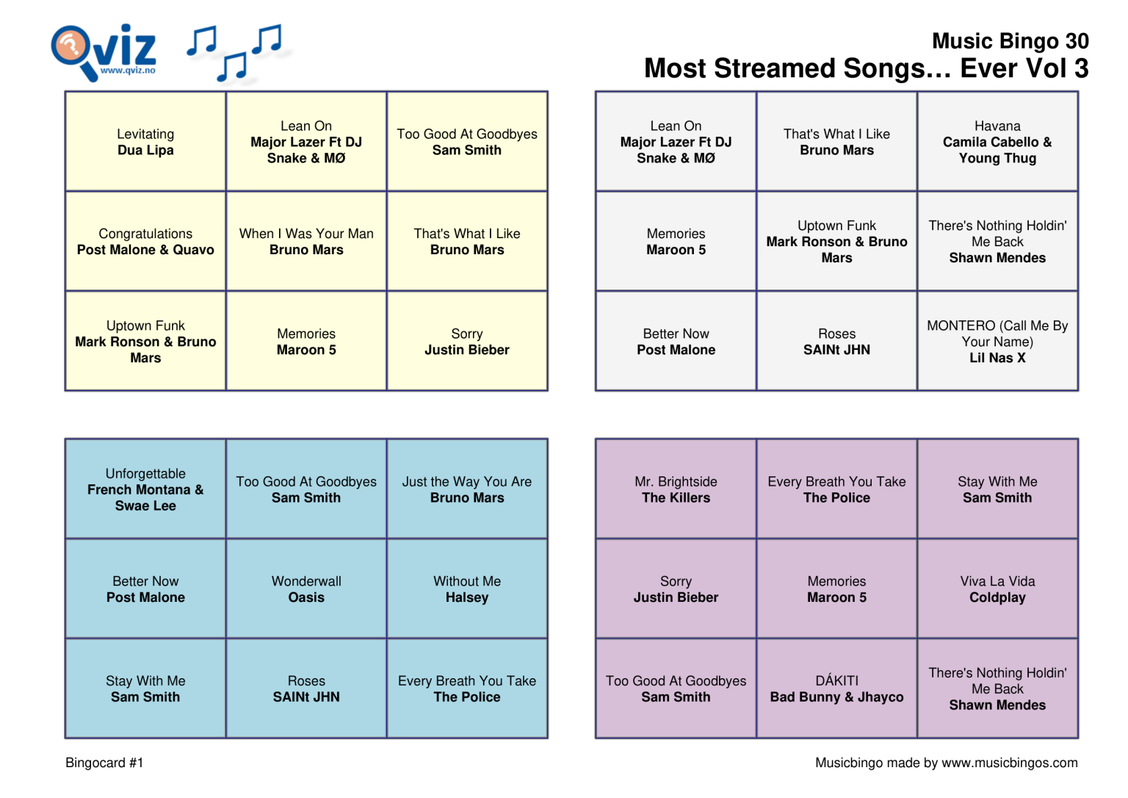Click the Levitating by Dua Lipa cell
145,142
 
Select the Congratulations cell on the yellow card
145,242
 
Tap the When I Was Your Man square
306,242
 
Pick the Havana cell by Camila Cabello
997,142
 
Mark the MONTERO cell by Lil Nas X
997,342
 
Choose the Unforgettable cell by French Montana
145,489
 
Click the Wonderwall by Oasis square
306,589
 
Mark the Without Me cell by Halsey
467,589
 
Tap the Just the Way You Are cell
467,489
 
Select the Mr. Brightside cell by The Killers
676,489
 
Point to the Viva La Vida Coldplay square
997,589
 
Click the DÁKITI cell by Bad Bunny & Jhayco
836,689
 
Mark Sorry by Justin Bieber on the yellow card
467,342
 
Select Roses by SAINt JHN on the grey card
836,342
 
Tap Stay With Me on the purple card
997,489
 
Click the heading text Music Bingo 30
1010,41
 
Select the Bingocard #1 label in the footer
104,763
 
